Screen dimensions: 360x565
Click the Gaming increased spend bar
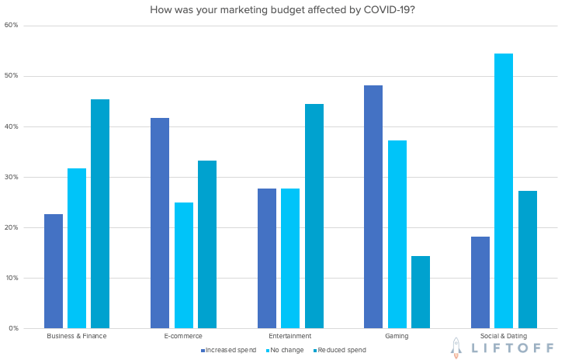point(373,206)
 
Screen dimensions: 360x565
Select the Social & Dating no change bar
point(504,191)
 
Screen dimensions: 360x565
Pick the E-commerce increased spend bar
point(160,223)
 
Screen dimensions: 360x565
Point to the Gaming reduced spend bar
point(421,292)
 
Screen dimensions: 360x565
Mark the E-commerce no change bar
point(184,265)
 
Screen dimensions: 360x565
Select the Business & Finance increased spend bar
point(54,271)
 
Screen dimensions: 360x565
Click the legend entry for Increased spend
point(228,350)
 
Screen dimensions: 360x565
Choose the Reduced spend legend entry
point(341,350)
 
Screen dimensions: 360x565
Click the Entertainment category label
point(290,336)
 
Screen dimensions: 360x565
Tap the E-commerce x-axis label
point(183,336)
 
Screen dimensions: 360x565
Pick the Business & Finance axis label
point(77,336)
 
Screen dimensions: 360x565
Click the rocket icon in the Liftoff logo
point(457,348)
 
